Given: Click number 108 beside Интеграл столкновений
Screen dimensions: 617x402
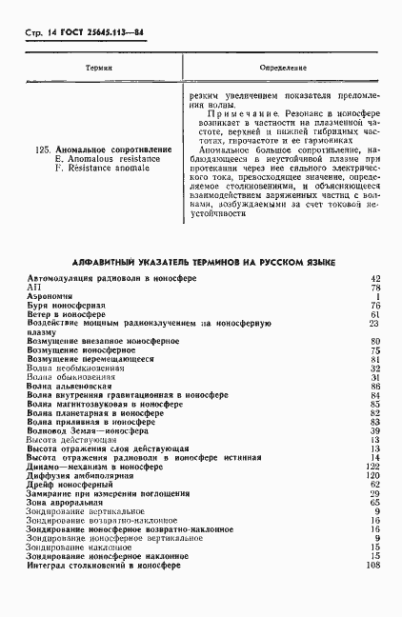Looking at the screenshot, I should coord(373,567).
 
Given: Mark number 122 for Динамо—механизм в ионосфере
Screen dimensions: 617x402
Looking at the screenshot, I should coord(373,467).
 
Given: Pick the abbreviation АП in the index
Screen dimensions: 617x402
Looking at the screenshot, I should coord(34,287).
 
